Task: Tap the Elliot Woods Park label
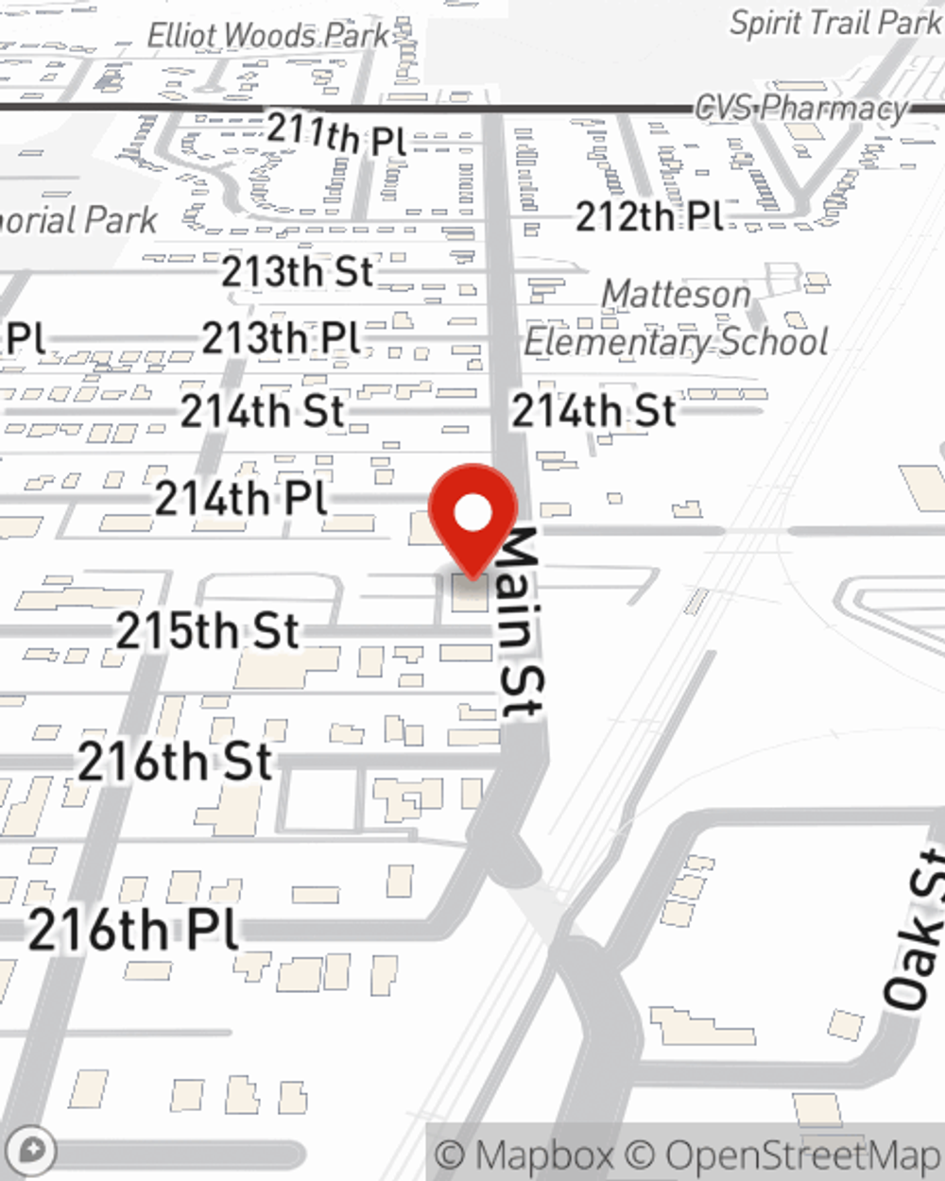click(x=268, y=36)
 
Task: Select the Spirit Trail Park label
click(x=835, y=23)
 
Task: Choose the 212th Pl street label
click(x=649, y=216)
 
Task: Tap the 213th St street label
click(x=298, y=272)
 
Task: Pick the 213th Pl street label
click(x=281, y=337)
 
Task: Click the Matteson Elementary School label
click(x=677, y=318)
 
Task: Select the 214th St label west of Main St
click(x=263, y=411)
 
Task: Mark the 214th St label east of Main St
click(x=593, y=411)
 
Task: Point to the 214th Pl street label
click(x=241, y=498)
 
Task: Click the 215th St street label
click(x=208, y=630)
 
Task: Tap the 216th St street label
click(x=176, y=762)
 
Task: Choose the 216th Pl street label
click(x=133, y=930)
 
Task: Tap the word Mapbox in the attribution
click(x=543, y=1155)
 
